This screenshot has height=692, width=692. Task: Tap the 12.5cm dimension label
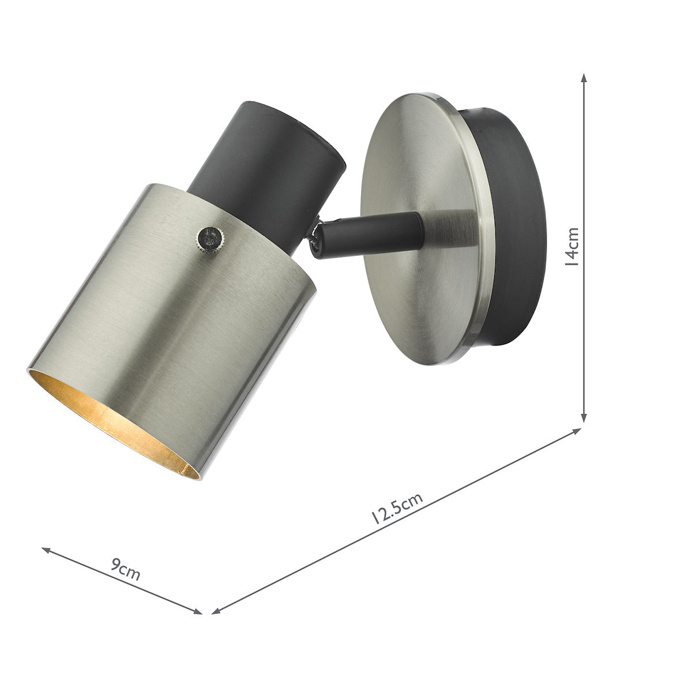coord(397,507)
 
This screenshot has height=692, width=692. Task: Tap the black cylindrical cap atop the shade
coord(265,156)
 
